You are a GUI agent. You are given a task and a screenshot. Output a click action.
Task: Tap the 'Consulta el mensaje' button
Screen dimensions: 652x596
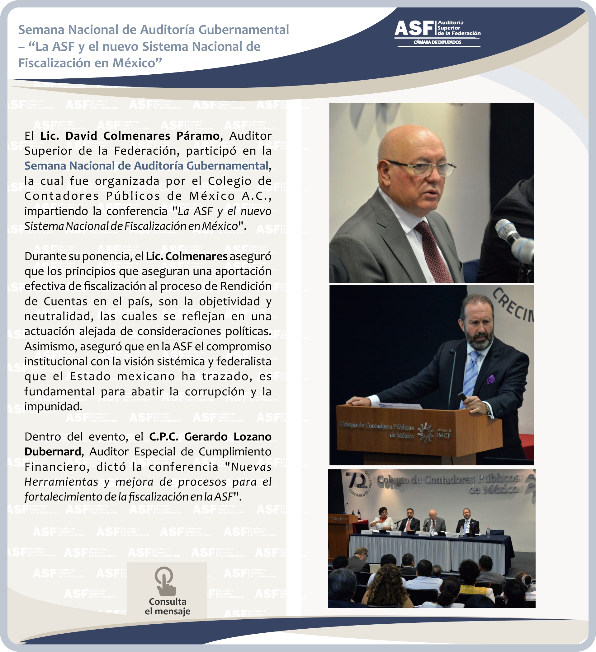tap(167, 590)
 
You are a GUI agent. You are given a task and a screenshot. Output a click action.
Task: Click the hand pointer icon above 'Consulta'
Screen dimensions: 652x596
tap(165, 581)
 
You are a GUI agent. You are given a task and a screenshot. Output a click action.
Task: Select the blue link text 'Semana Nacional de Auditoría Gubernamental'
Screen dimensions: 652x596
tap(147, 165)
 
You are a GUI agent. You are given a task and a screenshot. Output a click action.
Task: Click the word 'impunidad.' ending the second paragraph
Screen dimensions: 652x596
tap(54, 407)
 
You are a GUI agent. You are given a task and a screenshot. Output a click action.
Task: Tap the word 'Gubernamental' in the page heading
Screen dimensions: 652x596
tap(244, 30)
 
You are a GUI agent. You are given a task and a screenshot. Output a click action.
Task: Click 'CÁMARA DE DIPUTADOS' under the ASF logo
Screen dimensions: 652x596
tap(437, 42)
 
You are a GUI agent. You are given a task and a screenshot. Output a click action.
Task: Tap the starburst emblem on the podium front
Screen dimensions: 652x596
tap(425, 432)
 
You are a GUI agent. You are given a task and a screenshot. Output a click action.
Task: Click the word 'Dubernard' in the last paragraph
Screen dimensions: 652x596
tap(53, 452)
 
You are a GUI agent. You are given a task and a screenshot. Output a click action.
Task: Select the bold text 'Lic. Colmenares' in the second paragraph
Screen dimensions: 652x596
tap(187, 256)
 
